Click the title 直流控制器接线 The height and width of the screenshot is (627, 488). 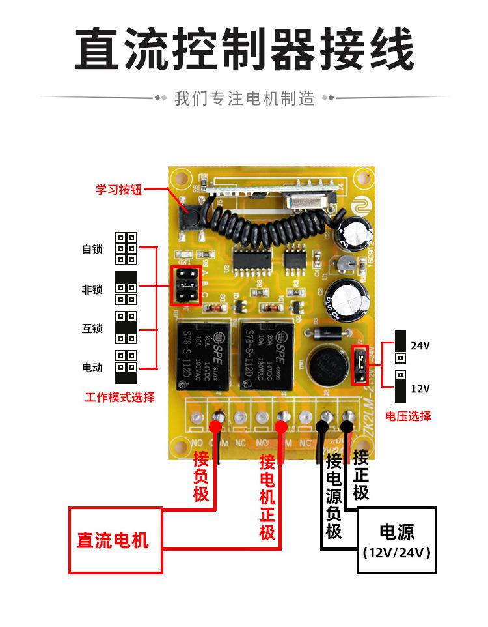tap(243, 49)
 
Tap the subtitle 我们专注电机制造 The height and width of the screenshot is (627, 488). tap(244, 99)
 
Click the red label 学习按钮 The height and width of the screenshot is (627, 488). tap(118, 190)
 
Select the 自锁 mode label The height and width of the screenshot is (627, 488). tap(92, 249)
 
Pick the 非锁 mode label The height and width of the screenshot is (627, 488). tap(92, 289)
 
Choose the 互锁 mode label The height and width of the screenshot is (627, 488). tap(92, 328)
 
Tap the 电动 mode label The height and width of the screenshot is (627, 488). tap(92, 368)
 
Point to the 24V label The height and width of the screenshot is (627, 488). tap(420, 346)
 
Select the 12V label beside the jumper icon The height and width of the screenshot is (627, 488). tap(420, 388)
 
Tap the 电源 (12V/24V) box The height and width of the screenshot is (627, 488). tap(396, 541)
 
